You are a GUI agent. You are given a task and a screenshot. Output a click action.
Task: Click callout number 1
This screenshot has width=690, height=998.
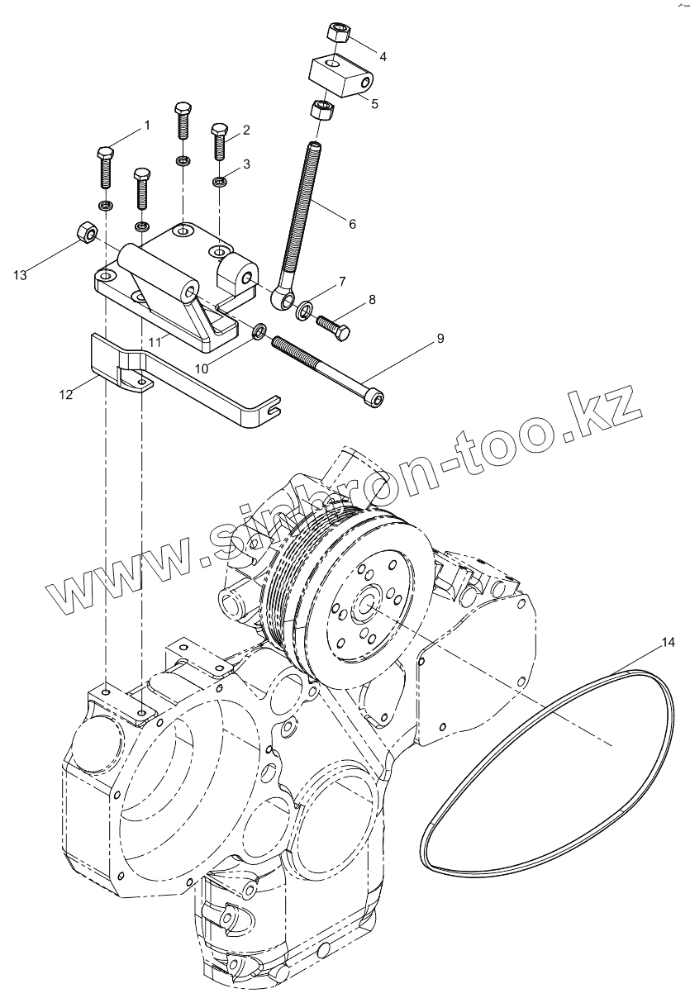(147, 126)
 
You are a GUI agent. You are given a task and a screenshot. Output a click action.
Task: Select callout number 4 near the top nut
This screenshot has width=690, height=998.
(383, 56)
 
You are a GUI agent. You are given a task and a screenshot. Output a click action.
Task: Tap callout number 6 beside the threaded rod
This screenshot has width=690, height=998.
(353, 224)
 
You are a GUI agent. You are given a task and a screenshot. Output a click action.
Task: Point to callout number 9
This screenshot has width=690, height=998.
(440, 339)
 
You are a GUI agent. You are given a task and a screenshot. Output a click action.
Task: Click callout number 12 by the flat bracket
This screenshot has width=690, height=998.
(66, 395)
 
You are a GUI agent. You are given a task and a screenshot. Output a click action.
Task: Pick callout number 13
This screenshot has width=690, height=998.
(21, 275)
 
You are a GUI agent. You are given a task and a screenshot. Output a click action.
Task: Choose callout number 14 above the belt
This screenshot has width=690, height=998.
(668, 641)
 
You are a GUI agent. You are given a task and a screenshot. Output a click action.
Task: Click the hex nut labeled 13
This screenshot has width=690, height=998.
(83, 232)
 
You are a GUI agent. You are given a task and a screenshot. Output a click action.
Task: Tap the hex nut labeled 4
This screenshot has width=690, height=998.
(338, 34)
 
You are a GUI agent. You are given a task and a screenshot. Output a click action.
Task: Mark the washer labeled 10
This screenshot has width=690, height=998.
(259, 332)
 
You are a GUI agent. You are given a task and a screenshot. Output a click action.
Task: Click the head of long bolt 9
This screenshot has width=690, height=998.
(376, 400)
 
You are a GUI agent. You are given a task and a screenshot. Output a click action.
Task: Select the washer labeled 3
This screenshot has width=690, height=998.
(220, 181)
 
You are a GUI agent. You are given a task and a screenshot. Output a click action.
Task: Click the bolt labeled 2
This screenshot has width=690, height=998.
(219, 141)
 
